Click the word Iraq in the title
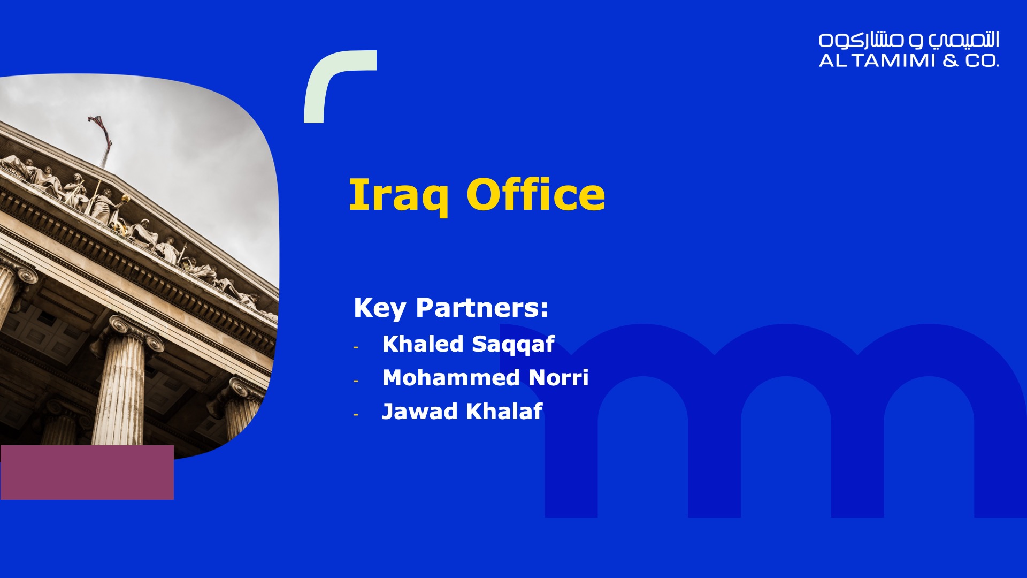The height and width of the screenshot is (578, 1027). click(399, 196)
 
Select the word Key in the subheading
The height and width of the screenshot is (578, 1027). click(380, 309)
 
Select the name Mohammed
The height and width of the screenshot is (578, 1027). click(451, 377)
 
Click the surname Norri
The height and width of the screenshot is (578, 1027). click(558, 377)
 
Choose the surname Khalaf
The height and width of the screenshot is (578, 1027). click(504, 411)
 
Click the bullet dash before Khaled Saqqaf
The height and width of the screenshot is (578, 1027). click(356, 347)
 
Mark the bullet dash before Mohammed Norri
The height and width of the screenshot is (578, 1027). click(356, 381)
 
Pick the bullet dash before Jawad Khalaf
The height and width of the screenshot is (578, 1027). click(356, 415)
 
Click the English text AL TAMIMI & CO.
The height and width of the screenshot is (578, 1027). click(909, 60)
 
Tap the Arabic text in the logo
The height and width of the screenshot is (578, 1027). click(909, 40)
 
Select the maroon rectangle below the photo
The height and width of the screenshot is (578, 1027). click(87, 473)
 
